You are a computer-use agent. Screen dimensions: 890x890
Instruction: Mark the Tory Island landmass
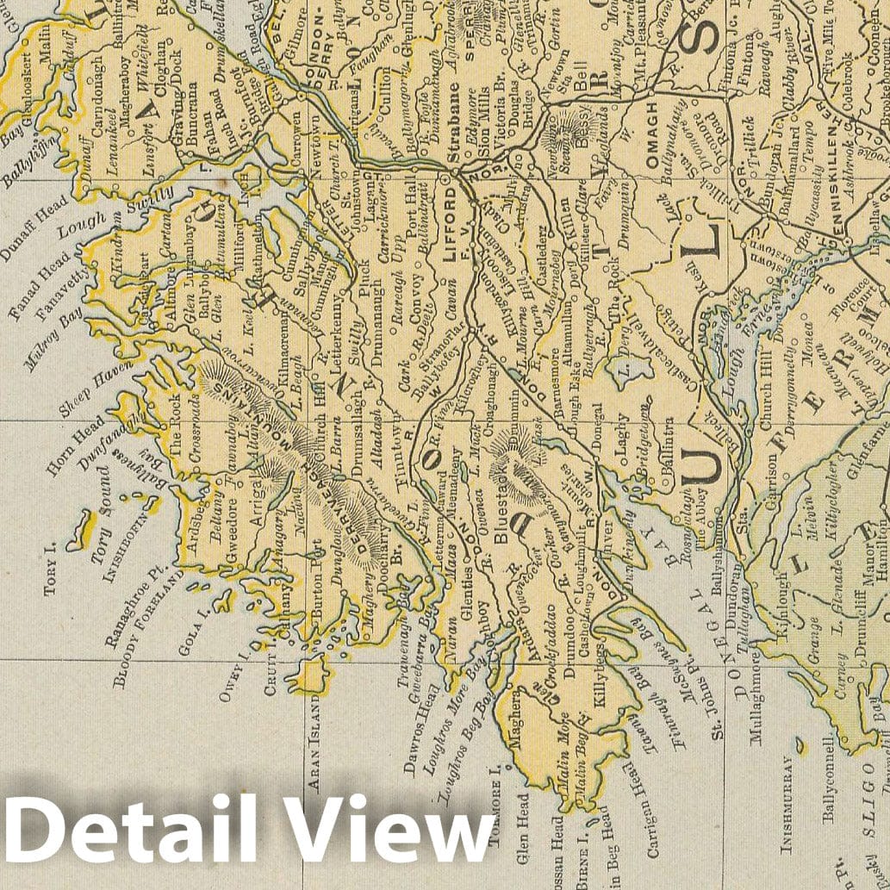click(x=80, y=526)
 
